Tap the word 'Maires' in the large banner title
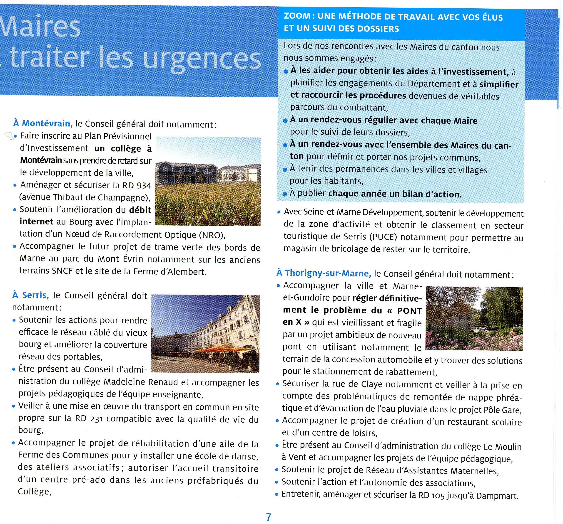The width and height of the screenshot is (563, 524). click(41, 27)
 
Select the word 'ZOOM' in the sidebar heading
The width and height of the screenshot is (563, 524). click(297, 16)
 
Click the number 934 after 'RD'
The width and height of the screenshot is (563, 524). click(144, 185)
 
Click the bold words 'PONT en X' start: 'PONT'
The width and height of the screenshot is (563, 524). click(409, 311)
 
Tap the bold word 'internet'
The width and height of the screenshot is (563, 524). click(37, 221)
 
